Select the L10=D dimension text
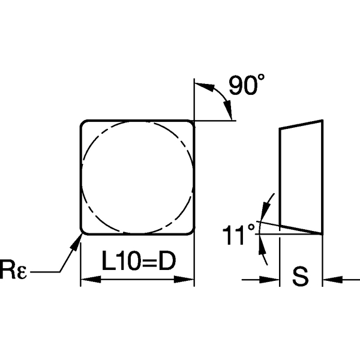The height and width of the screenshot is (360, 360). [138, 262]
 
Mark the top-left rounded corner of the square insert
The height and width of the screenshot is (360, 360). [85, 124]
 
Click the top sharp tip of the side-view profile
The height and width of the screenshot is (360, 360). [323, 121]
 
